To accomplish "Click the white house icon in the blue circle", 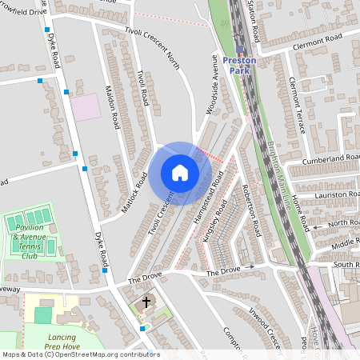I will click(180, 173).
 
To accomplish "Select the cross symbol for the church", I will click(146, 302).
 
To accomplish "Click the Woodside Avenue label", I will click(214, 85).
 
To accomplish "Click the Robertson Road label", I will click(250, 211).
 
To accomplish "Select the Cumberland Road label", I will click(330, 161).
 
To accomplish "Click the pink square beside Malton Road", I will click(86, 106).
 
